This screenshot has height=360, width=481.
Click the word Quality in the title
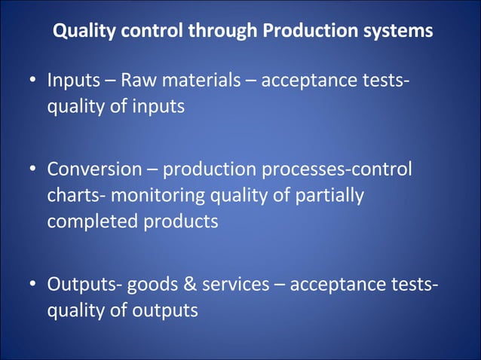81,32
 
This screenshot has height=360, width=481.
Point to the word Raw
137,80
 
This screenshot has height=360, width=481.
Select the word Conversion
94,169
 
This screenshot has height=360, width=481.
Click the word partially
329,196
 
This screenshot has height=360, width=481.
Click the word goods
149,285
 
